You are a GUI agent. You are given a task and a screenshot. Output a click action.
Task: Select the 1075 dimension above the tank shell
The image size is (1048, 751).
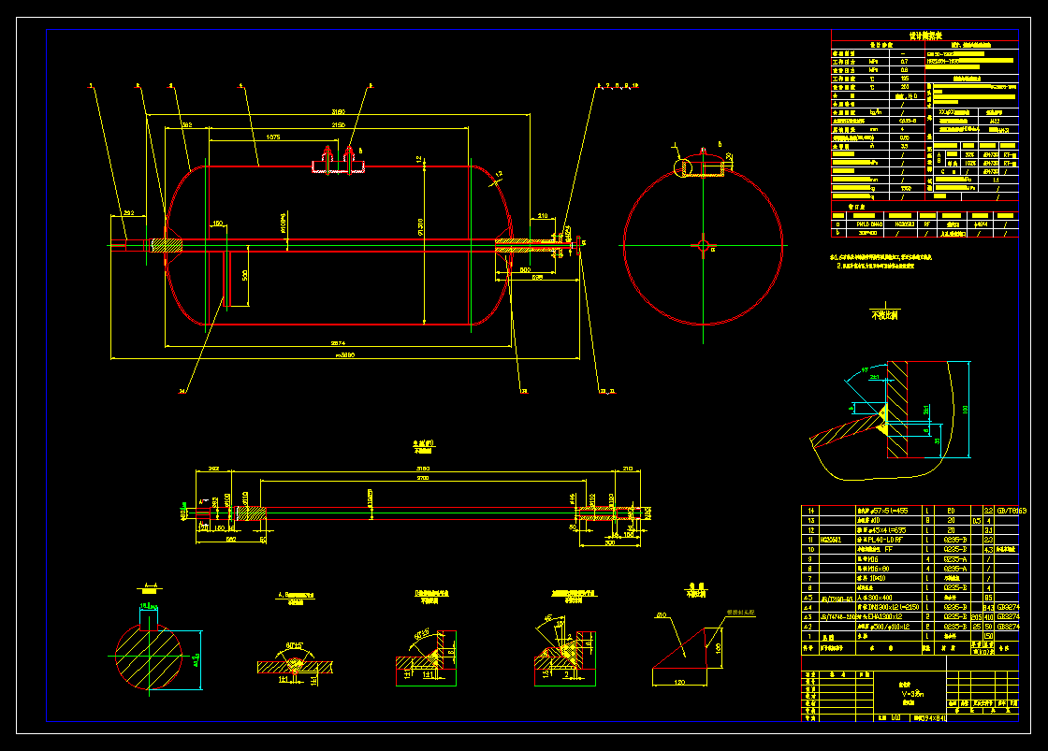[273, 137]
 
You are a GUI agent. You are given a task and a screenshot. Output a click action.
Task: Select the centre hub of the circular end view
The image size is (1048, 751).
[703, 245]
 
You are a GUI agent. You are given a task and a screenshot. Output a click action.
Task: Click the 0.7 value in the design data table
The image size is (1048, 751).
[903, 61]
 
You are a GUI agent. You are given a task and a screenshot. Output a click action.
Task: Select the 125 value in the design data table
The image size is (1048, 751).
[903, 79]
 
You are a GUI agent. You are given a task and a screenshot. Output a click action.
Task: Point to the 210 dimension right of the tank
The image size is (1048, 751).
[543, 216]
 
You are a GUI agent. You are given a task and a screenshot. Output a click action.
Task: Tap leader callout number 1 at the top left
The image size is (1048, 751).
[92, 86]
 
